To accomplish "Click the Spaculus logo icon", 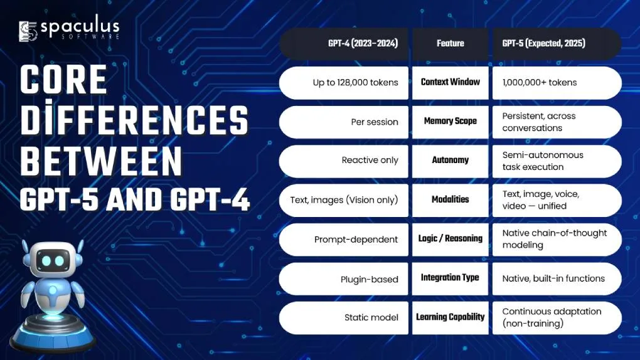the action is pos(28,31).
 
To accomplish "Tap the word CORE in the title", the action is pos(63,79).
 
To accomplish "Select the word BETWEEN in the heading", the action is pos(101,161).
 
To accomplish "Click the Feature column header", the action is pos(451,44).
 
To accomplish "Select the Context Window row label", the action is pos(451,82).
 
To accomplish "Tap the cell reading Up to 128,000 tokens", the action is pos(344,83).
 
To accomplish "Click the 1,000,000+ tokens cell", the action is pos(557,83).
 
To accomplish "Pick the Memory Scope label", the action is pos(451,122).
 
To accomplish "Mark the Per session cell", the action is pos(344,122).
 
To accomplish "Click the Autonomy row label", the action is pos(451,161).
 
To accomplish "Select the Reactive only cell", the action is pos(344,161).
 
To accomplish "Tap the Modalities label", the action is pos(451,200).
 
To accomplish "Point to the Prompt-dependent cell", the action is pos(344,240).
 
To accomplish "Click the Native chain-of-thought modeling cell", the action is pos(557,240).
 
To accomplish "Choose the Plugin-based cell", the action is pos(344,278).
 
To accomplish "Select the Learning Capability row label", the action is pos(451,317).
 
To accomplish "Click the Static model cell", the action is pos(344,318).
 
